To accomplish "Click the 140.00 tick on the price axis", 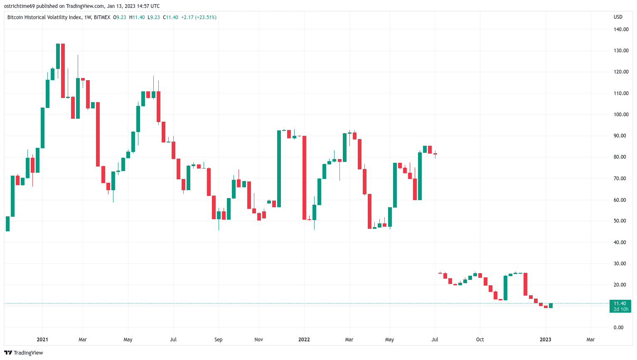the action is pos(621,29).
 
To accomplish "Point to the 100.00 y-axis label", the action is pos(621,115).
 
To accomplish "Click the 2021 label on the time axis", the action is pos(42,339).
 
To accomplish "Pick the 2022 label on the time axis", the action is pos(304,339).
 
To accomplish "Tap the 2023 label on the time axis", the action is pos(546,339).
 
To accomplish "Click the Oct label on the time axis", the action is pos(480,339).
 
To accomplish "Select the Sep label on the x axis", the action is pos(219,339).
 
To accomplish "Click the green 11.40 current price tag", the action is pos(620,306).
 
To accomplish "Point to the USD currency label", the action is pos(618,17).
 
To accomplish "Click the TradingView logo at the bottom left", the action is pos(24,353).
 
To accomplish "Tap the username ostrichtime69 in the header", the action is pos(20,6).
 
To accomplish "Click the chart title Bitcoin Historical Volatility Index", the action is pos(44,17).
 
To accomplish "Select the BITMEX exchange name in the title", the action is pos(102,17).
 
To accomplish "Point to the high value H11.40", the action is pos(137,17).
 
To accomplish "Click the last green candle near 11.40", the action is pos(551,306).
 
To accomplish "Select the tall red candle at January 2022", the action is pos(304,178).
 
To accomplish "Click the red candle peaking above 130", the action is pos(63,71).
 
